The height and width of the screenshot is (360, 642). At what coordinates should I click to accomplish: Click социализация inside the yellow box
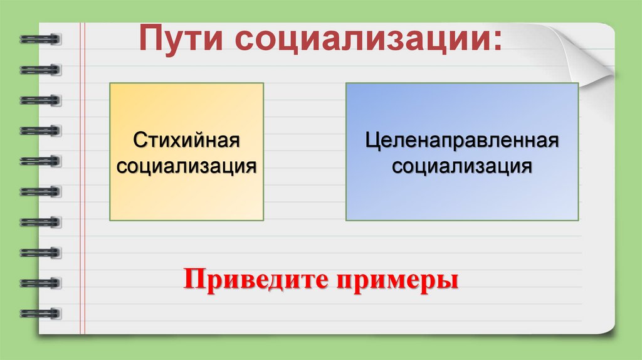tap(187, 166)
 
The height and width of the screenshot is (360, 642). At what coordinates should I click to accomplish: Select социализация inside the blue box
tap(462, 166)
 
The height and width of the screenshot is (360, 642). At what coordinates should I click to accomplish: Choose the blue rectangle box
tap(462, 194)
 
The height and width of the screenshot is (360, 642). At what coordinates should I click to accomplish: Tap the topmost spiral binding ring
tap(40, 39)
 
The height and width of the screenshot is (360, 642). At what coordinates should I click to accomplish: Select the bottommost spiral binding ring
tap(40, 312)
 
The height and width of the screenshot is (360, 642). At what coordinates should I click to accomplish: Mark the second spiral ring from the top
tap(40, 69)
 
